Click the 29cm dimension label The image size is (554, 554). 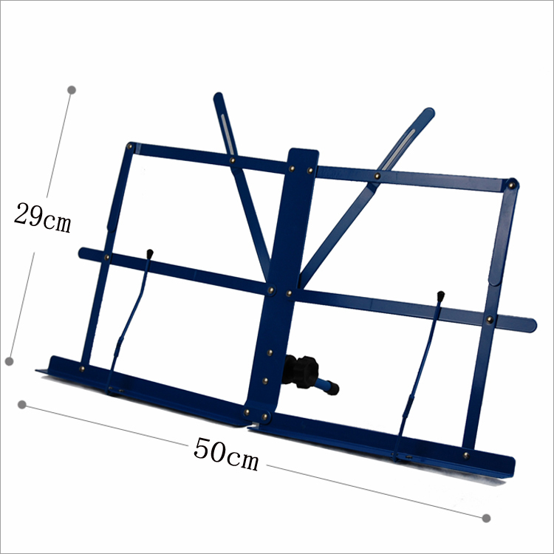(42, 218)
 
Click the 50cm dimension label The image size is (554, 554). (226, 454)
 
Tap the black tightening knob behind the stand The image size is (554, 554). (301, 372)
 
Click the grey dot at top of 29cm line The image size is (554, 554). (72, 89)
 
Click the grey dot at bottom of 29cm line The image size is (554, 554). (10, 361)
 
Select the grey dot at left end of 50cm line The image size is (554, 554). (22, 405)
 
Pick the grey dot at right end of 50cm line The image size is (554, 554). (486, 519)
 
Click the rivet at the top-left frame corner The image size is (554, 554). (130, 146)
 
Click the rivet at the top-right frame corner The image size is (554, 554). (511, 185)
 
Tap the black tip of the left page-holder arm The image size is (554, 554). (150, 253)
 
